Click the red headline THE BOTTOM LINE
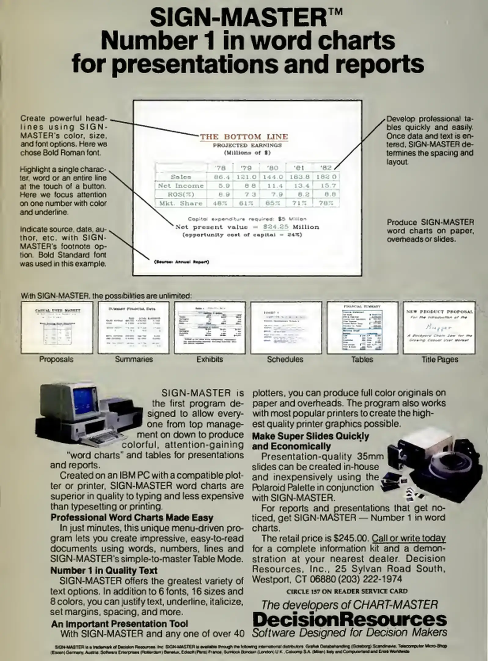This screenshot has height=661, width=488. click(244, 136)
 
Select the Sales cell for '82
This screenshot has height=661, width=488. click(326, 177)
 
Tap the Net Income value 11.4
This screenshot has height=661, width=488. click(273, 186)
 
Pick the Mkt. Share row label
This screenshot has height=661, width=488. click(180, 203)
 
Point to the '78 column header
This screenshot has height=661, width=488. click(220, 168)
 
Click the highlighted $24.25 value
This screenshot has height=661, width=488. click(276, 227)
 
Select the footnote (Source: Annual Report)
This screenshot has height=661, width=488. click(182, 262)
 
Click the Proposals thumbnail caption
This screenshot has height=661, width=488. click(56, 359)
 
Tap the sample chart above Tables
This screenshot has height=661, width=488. click(362, 328)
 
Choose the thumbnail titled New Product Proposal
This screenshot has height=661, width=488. click(439, 328)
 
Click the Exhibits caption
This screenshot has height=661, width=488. click(210, 359)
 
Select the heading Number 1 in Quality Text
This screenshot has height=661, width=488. click(104, 570)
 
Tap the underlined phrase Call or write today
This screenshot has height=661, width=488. click(409, 538)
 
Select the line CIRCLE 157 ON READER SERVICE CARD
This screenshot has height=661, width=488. click(347, 591)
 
